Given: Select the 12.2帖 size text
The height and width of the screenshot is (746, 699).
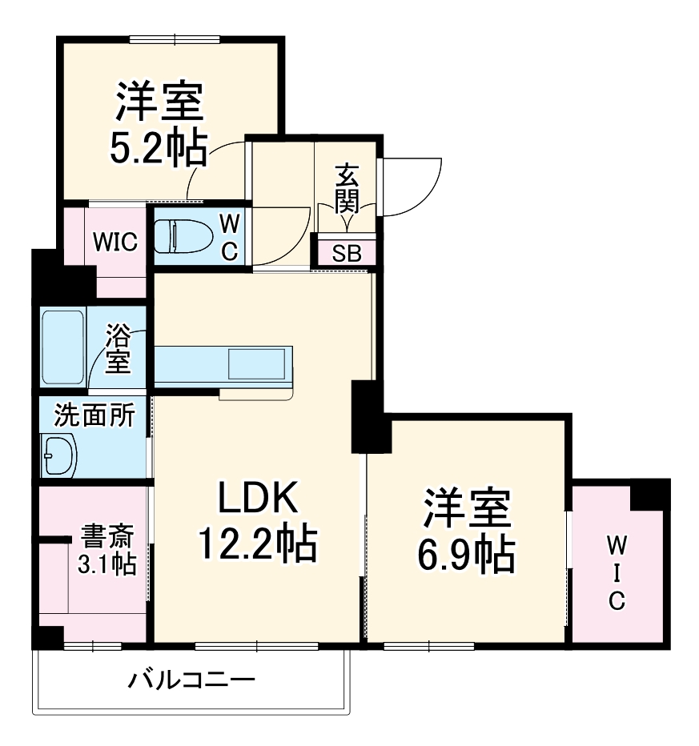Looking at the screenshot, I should [257, 545].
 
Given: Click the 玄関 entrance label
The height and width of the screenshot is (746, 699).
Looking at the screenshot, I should [346, 189].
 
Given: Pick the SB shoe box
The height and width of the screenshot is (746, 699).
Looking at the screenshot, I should [347, 254].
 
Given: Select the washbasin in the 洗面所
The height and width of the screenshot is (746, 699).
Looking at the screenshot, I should [58, 457].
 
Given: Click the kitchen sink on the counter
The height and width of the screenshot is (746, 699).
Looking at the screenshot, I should [256, 364].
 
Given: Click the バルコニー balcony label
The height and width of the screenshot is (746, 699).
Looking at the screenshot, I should [191, 681].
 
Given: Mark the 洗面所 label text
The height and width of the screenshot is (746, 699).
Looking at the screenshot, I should [94, 416].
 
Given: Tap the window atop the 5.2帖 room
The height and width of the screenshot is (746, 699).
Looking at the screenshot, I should [175, 39].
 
